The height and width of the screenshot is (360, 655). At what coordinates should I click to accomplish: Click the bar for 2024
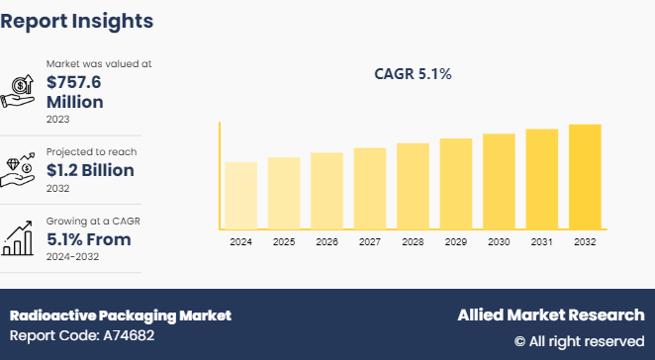(x=240, y=195)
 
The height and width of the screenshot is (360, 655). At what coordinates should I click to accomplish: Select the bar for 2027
(x=370, y=188)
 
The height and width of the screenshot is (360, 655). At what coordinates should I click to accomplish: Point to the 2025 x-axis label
(x=284, y=241)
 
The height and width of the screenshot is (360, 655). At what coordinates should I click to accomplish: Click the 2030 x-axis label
(x=499, y=241)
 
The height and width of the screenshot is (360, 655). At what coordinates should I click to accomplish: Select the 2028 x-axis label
(x=413, y=241)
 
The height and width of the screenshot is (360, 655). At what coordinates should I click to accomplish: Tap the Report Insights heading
(x=77, y=20)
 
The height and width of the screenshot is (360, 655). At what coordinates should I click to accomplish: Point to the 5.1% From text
(x=89, y=239)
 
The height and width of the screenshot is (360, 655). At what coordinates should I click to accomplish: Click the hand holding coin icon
(x=21, y=90)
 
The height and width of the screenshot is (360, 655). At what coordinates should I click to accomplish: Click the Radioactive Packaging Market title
(x=120, y=315)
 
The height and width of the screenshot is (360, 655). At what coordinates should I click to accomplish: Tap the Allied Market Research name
(x=550, y=315)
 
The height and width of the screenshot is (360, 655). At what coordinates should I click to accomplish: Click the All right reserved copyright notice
(x=579, y=340)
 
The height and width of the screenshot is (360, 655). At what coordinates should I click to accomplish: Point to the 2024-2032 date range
(x=73, y=257)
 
